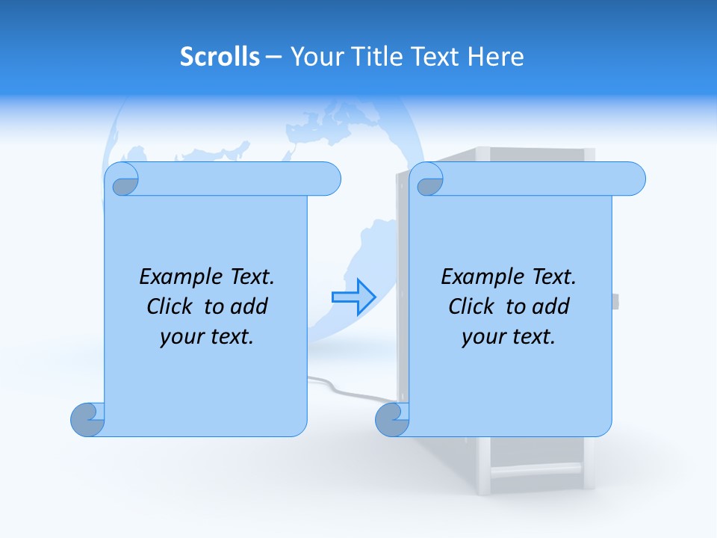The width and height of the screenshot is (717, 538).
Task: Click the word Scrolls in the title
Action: [220, 57]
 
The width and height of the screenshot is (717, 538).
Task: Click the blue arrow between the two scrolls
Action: [353, 297]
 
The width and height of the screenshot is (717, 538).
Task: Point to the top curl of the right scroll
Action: [429, 180]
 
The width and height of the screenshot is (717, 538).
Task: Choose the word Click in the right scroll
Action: [471, 306]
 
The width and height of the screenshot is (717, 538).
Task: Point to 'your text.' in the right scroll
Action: [509, 336]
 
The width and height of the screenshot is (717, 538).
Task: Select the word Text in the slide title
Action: [435, 57]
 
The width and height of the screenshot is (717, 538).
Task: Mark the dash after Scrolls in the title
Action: [273, 57]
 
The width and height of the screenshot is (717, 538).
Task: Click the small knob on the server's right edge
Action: [615, 302]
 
